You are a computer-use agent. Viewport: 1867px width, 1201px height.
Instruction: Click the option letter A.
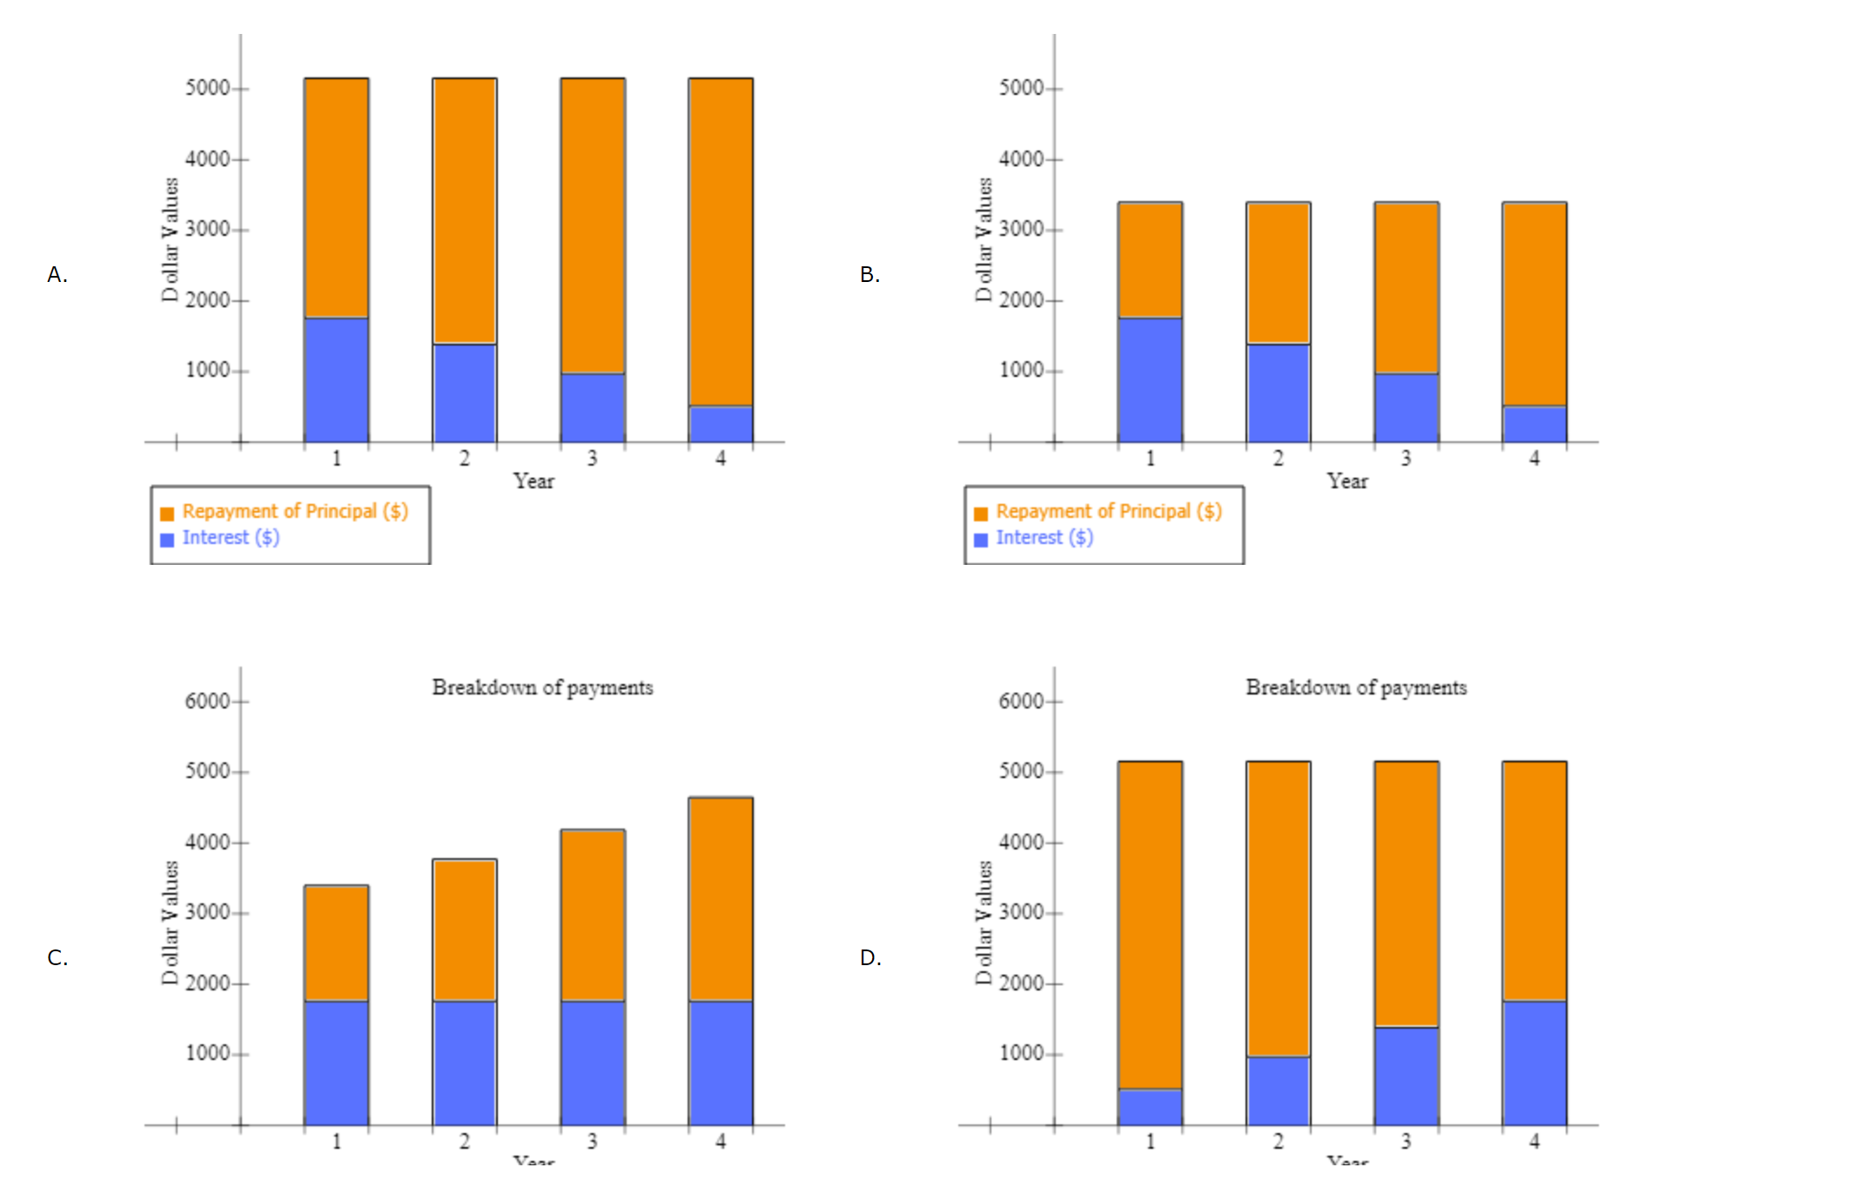click(57, 275)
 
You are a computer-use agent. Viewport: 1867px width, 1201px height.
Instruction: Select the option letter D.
click(870, 958)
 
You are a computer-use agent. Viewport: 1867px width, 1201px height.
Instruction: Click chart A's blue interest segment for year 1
click(336, 380)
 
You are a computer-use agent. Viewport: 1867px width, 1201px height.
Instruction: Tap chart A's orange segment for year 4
click(721, 242)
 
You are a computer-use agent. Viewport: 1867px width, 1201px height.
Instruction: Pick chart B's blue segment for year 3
click(1407, 407)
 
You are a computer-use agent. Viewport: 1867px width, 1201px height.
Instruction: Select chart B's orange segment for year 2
click(1278, 273)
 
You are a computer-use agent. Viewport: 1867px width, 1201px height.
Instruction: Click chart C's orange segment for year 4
click(721, 899)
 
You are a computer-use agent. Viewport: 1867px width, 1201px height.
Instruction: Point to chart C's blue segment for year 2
click(465, 1063)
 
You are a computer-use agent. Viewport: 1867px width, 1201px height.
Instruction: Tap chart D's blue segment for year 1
click(1150, 1107)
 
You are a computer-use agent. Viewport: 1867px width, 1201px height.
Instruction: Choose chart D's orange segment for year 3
click(1407, 894)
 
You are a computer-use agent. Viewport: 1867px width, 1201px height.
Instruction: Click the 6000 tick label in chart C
click(207, 701)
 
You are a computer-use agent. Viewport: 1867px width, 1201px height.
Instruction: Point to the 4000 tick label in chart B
click(1021, 159)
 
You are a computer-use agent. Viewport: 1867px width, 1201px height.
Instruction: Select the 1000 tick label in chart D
click(1021, 1053)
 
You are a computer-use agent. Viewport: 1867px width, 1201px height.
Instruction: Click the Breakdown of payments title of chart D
click(1356, 688)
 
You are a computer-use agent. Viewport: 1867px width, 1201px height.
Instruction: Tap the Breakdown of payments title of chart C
click(542, 688)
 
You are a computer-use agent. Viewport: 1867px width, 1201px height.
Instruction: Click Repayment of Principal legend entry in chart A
click(294, 512)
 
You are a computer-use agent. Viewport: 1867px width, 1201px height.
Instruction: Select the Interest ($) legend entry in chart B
click(1044, 538)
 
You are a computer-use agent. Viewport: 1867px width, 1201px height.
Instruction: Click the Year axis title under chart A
click(534, 481)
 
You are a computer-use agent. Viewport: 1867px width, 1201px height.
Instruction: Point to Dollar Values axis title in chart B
click(984, 239)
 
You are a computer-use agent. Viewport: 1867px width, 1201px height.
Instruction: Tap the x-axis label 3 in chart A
click(592, 459)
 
